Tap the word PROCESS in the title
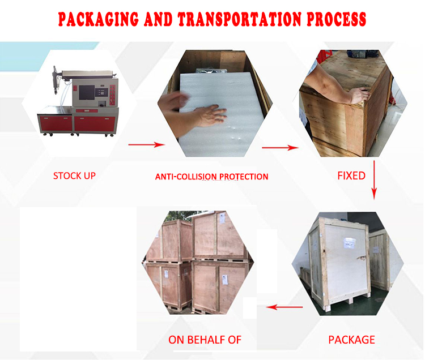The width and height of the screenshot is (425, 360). (337, 20)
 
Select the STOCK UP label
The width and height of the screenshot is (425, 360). (74, 175)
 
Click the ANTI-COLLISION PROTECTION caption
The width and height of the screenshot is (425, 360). (211, 177)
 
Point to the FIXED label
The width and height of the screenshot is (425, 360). (351, 175)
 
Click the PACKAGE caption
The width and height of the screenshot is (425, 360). (351, 340)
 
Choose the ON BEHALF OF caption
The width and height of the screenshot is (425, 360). (205, 340)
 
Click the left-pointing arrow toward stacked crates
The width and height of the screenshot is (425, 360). (284, 307)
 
